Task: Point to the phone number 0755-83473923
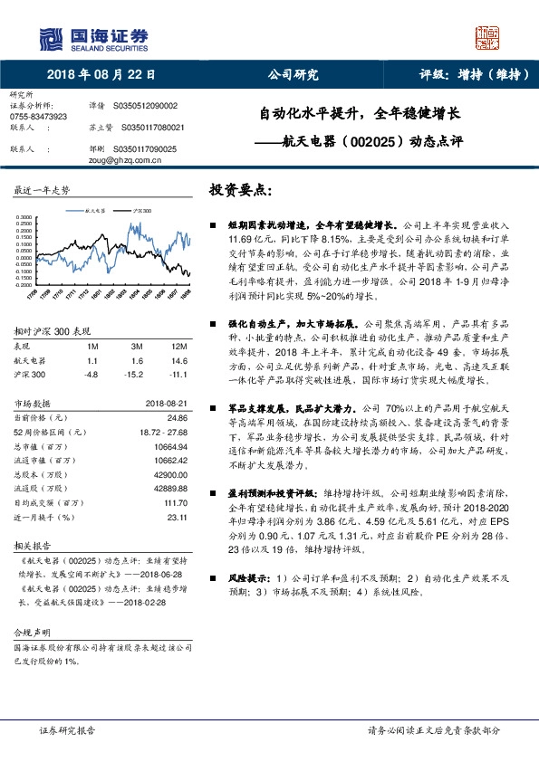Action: [37, 118]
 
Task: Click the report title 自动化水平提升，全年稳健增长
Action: [360, 115]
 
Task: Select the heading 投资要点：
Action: [241, 190]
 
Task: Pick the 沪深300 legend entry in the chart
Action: [141, 209]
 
